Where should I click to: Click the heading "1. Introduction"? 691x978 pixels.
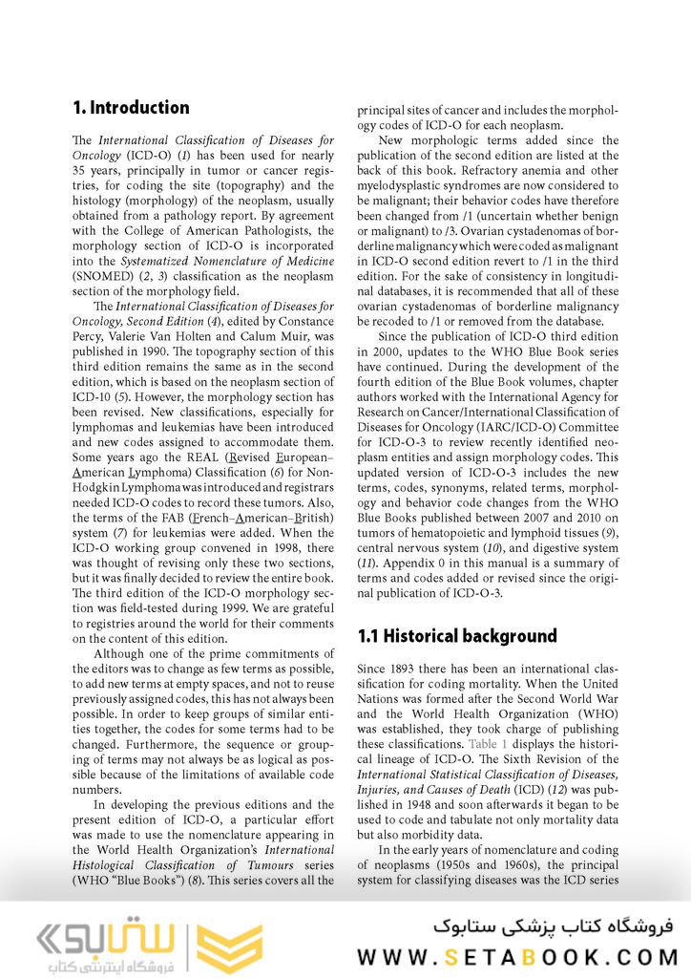tap(131, 107)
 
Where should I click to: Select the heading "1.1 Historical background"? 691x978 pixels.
tap(456, 636)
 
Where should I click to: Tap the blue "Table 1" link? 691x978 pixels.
tap(487, 744)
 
